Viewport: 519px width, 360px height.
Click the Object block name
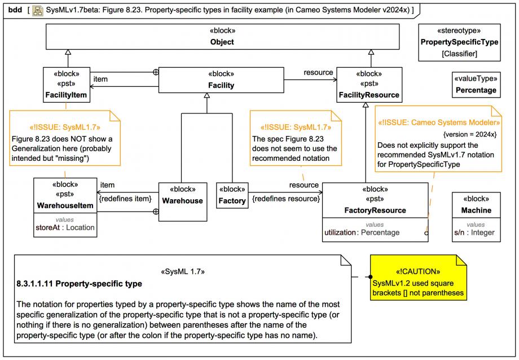point(222,42)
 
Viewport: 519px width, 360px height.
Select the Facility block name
point(221,85)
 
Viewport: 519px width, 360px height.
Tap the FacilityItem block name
point(66,95)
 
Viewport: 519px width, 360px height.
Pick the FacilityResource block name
point(369,95)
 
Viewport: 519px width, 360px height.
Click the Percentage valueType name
point(476,90)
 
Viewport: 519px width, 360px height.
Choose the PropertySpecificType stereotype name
point(459,42)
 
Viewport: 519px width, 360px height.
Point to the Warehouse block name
point(182,201)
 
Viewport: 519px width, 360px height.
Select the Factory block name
point(232,201)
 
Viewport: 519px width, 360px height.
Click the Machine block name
point(476,210)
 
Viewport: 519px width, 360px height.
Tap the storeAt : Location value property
point(65,227)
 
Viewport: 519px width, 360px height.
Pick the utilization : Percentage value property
point(362,232)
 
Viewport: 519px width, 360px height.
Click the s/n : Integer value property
point(474,232)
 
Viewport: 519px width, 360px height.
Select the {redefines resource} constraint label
point(286,199)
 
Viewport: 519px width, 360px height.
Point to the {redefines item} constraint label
point(125,199)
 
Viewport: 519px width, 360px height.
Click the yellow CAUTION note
point(419,278)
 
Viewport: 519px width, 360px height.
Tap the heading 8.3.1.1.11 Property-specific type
point(79,284)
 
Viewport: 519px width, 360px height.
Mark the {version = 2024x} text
point(470,134)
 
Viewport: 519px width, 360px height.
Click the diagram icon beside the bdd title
point(38,10)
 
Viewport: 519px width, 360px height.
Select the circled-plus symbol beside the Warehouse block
point(156,212)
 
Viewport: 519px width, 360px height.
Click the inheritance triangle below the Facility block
point(207,95)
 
